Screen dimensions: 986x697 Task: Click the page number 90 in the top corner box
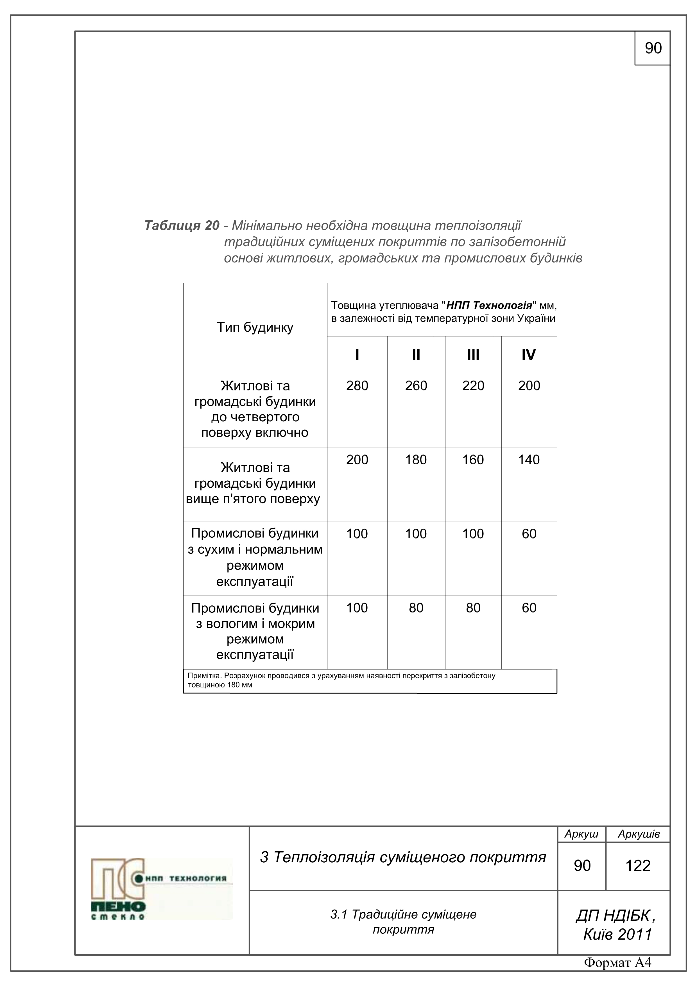coord(653,48)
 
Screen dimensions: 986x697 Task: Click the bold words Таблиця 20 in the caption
coord(182,225)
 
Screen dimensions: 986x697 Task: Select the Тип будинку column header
coord(255,327)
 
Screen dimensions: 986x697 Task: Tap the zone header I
coord(357,355)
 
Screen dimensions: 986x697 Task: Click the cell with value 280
coord(357,386)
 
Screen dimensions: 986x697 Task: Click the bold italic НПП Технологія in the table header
coord(489,305)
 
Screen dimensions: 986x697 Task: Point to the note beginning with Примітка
coord(341,680)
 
